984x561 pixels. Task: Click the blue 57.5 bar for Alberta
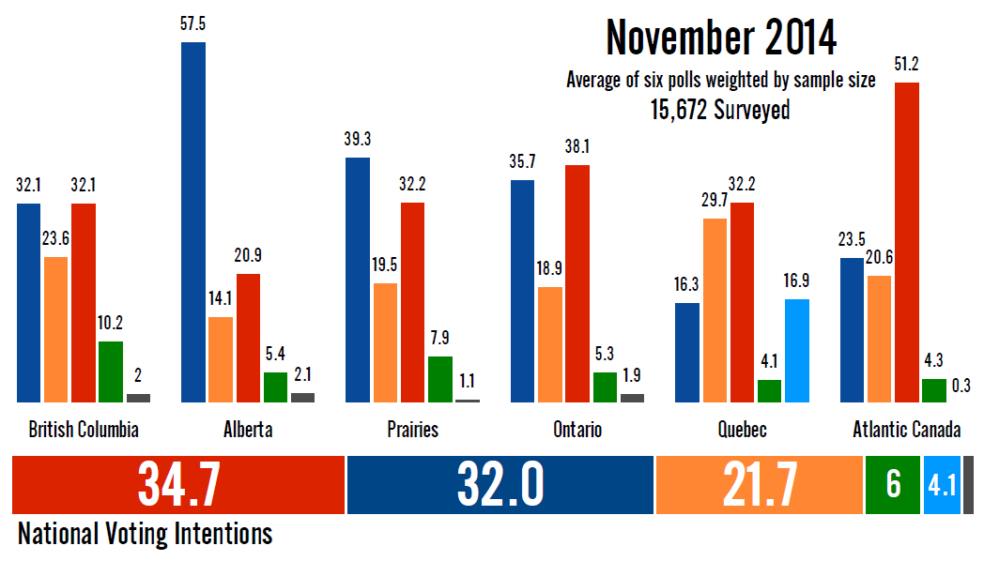[x=193, y=222]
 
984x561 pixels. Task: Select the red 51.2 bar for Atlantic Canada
[x=907, y=242]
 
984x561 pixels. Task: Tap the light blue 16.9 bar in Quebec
[x=797, y=351]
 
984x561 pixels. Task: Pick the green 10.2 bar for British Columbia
[x=111, y=371]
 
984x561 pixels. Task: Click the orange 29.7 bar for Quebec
[x=715, y=311]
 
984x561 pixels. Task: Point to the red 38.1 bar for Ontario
[x=577, y=283]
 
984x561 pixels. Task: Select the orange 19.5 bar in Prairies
[x=385, y=342]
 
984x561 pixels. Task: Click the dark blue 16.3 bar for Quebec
[x=687, y=353]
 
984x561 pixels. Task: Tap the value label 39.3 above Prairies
[x=358, y=140]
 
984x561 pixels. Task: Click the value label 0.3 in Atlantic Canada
[x=961, y=385]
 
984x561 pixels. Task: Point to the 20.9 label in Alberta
[x=248, y=256]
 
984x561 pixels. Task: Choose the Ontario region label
[x=577, y=430]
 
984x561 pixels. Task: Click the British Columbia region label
[x=84, y=430]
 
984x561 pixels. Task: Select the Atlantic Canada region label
[x=906, y=430]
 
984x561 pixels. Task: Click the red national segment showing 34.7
[x=178, y=485]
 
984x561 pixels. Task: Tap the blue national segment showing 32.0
[x=500, y=485]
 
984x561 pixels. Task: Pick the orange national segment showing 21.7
[x=759, y=485]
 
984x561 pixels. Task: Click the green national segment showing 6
[x=892, y=485]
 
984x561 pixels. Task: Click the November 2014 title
[x=721, y=38]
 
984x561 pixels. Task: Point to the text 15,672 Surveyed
[x=721, y=110]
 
